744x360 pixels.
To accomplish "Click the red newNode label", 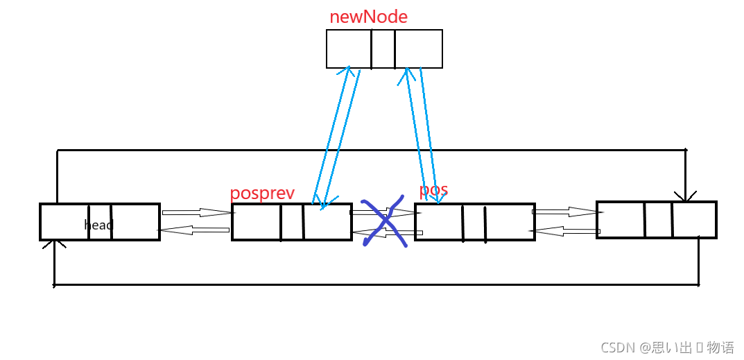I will click(368, 17).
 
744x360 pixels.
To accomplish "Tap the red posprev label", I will click(262, 193).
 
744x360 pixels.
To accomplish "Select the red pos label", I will click(433, 189).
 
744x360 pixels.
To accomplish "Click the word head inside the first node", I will click(98, 225).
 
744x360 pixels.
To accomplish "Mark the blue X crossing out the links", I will click(385, 221).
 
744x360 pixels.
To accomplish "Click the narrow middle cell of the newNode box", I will click(383, 49).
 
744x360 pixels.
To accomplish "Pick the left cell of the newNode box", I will click(349, 49).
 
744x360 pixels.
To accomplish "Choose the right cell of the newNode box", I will click(418, 49).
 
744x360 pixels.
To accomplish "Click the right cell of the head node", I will click(135, 222).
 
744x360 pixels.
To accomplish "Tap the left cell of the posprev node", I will click(257, 222).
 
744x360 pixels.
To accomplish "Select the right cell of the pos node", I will click(510, 223).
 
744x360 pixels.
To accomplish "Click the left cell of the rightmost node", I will click(621, 220).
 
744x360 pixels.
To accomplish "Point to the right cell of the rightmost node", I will click(693, 220).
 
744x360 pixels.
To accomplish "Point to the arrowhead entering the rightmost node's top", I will click(685, 198).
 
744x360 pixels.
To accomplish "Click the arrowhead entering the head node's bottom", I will click(54, 244).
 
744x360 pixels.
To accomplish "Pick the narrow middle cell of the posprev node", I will click(292, 222).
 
